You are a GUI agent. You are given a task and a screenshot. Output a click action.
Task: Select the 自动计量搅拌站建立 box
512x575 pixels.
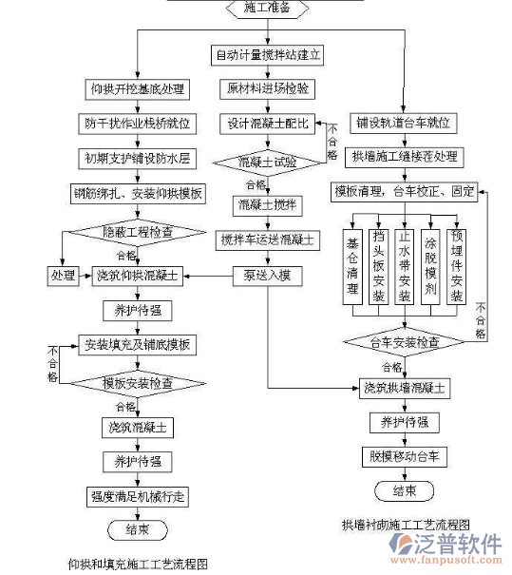(x=268, y=55)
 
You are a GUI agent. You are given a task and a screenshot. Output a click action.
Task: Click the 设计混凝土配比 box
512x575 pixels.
(x=268, y=125)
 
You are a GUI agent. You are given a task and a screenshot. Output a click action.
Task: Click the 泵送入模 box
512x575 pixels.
(x=267, y=276)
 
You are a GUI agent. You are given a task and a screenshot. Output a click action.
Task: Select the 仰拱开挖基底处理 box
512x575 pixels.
(x=137, y=90)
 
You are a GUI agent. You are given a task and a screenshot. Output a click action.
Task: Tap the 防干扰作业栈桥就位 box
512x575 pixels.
(x=137, y=124)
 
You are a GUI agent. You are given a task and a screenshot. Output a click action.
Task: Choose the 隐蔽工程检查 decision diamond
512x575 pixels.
(x=137, y=232)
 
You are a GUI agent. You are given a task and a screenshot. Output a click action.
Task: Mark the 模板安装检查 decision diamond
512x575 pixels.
(x=138, y=384)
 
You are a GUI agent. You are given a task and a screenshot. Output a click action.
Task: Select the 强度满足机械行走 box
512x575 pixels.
(x=138, y=495)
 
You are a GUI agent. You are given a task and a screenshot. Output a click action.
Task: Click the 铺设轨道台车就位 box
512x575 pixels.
(x=404, y=124)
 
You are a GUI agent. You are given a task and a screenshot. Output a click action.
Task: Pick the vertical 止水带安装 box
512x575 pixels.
(x=404, y=264)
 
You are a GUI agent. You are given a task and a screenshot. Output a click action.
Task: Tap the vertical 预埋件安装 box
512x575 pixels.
(x=457, y=264)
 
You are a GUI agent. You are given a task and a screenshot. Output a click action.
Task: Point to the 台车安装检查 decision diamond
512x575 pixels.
(x=404, y=341)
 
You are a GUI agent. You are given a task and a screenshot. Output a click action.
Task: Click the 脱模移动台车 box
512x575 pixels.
(x=404, y=456)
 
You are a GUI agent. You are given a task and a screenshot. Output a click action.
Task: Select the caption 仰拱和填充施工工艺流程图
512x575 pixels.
(x=138, y=563)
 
